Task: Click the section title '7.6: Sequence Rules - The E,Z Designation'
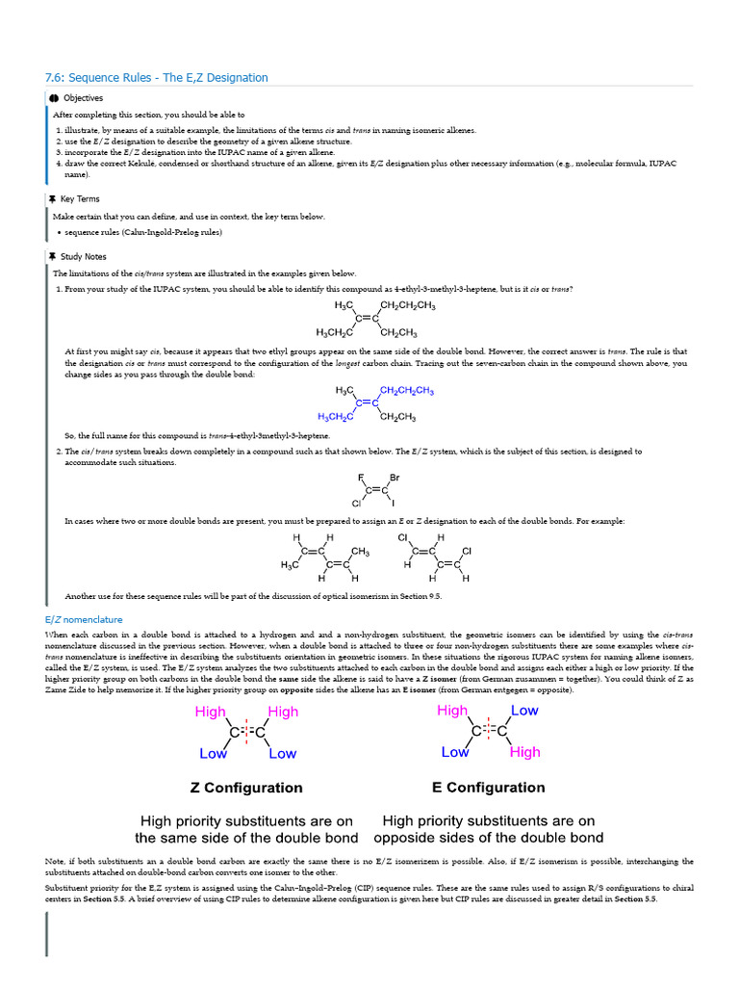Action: pyautogui.click(x=156, y=77)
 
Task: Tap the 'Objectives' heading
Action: pyautogui.click(x=83, y=98)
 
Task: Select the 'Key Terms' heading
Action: pyautogui.click(x=80, y=199)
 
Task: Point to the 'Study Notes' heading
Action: pyautogui.click(x=83, y=257)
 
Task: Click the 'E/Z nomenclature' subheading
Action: pyautogui.click(x=84, y=619)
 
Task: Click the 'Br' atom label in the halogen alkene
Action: pyautogui.click(x=395, y=478)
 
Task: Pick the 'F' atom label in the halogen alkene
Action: pyautogui.click(x=361, y=478)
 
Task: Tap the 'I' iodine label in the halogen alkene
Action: pyautogui.click(x=393, y=504)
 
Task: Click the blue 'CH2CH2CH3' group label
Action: pyautogui.click(x=407, y=391)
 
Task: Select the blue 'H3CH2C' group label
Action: pyautogui.click(x=336, y=417)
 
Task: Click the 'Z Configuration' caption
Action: pyautogui.click(x=246, y=788)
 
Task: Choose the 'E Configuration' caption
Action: pyautogui.click(x=489, y=787)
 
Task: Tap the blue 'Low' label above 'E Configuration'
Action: pyautogui.click(x=524, y=711)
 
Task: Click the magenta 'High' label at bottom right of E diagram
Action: pyautogui.click(x=525, y=752)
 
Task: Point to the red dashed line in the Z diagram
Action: pyautogui.click(x=246, y=733)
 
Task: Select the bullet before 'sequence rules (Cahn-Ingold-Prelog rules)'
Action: pyautogui.click(x=60, y=233)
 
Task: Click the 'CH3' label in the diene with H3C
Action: pyautogui.click(x=361, y=552)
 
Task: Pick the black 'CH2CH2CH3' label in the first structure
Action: pyautogui.click(x=408, y=306)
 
